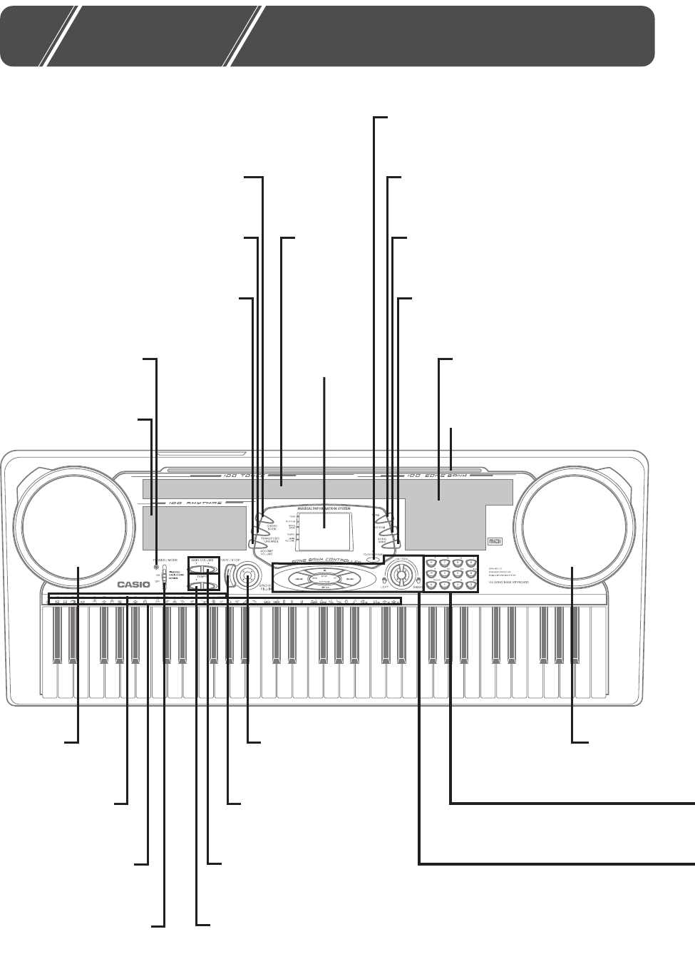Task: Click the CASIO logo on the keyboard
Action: point(134,585)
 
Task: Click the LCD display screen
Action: point(324,530)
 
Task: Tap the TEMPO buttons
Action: point(202,586)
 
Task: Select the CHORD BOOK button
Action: point(264,520)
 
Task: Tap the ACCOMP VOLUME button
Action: point(254,544)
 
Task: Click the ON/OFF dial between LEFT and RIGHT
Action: point(401,575)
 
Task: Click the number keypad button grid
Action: point(451,573)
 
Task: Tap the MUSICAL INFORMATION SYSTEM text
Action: point(324,508)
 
